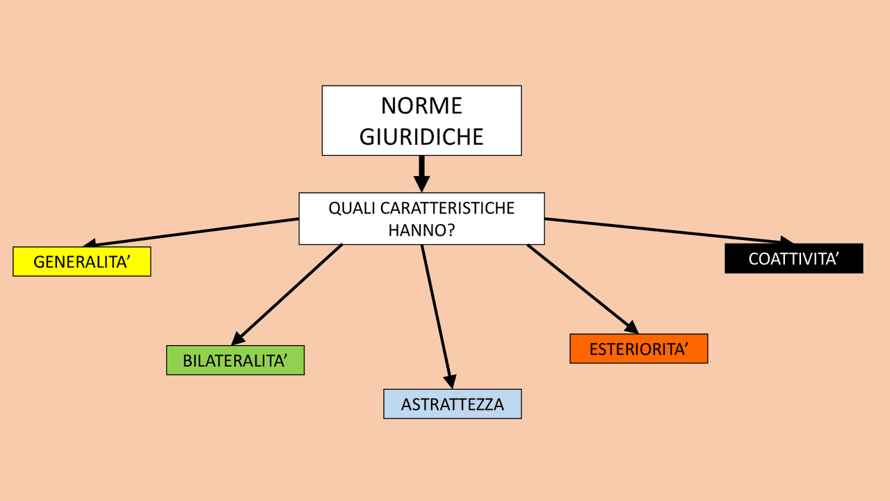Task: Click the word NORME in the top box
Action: [421, 106]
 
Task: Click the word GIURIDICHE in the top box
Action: [421, 136]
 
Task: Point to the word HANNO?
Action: [421, 230]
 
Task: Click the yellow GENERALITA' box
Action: [82, 262]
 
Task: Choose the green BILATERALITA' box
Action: [235, 360]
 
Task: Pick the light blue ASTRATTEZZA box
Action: [452, 404]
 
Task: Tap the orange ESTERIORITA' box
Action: [638, 349]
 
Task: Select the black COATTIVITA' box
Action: [793, 258]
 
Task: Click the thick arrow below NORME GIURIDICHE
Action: [421, 171]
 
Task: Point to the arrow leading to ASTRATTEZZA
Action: [436, 313]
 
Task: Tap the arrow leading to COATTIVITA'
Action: [667, 231]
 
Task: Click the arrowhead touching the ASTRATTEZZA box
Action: [450, 381]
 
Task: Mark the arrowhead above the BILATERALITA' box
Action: [238, 337]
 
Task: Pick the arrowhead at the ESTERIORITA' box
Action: [631, 327]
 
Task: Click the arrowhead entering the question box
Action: [421, 184]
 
